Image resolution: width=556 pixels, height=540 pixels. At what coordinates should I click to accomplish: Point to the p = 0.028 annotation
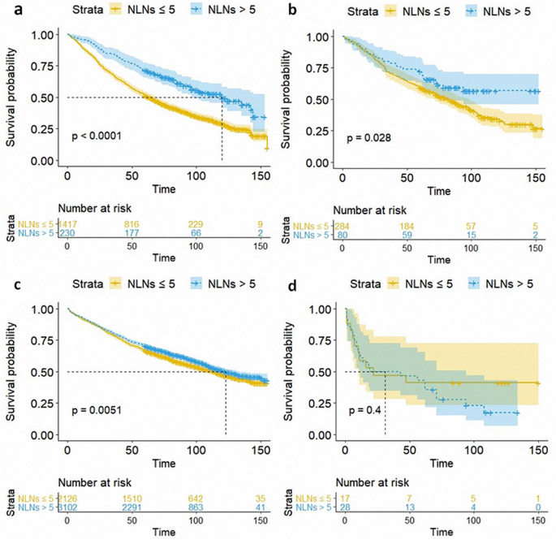click(x=369, y=138)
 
